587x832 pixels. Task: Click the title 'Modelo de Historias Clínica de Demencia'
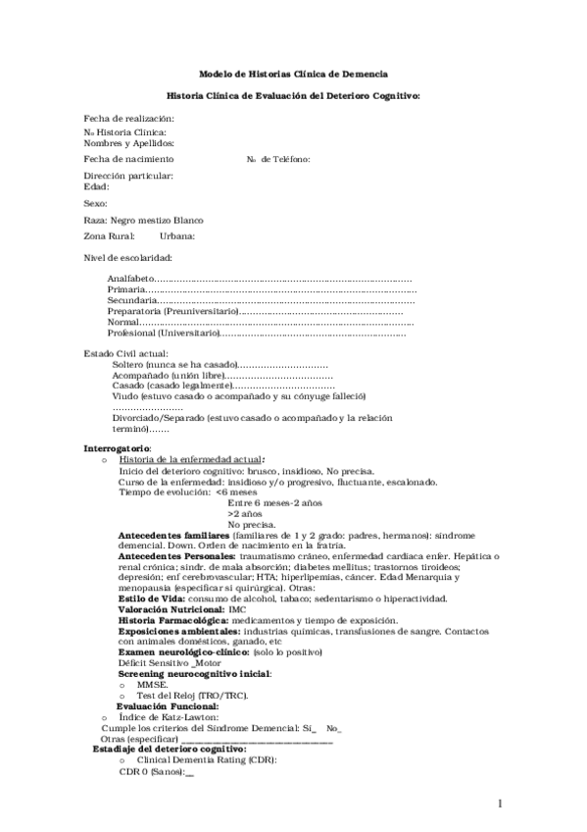click(x=293, y=74)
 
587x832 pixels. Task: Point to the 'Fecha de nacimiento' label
click(x=129, y=159)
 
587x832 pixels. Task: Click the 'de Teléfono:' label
click(x=285, y=159)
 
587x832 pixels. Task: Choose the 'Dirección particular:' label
click(x=128, y=176)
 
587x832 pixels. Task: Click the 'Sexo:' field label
click(x=95, y=203)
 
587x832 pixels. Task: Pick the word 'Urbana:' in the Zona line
click(x=177, y=235)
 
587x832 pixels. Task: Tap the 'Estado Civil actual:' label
click(x=126, y=353)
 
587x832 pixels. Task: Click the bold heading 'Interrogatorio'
click(x=117, y=448)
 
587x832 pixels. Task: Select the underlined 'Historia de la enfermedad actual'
click(x=189, y=459)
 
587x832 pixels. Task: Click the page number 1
click(x=499, y=804)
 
